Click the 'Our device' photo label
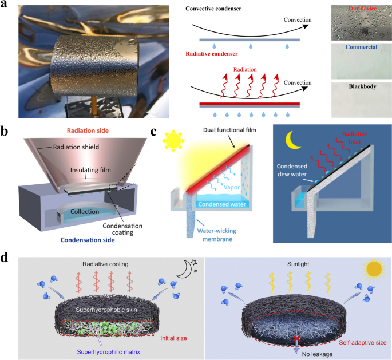360,10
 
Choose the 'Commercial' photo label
360,48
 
